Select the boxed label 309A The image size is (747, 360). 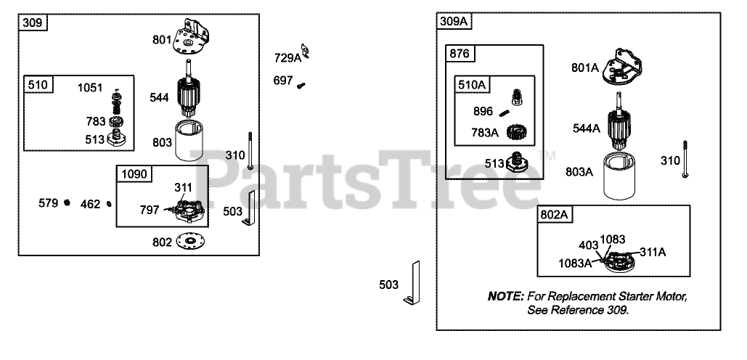454,21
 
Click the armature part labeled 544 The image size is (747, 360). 190,96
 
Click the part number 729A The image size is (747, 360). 287,57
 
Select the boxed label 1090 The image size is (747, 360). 134,175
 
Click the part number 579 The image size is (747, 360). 49,203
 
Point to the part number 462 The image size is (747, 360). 90,204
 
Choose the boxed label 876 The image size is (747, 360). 460,54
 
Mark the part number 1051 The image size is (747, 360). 91,87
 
